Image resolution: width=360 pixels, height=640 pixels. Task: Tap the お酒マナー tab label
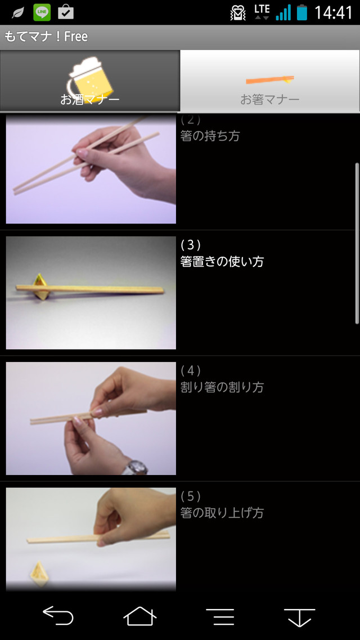[x=89, y=99]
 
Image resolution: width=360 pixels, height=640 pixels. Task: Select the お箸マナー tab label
[x=269, y=99]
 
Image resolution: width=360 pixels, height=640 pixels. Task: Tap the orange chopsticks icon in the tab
[x=269, y=79]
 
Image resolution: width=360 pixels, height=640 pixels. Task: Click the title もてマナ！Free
[x=46, y=37]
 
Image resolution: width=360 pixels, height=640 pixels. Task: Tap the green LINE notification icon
[x=42, y=12]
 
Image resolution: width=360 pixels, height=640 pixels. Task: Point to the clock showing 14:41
[x=333, y=12]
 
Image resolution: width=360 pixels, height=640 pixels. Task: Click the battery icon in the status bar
[x=302, y=12]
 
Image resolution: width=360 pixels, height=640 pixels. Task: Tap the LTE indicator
[x=262, y=12]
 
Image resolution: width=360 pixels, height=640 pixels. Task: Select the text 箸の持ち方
[x=210, y=136]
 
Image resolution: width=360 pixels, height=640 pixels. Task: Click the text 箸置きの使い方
[x=222, y=261]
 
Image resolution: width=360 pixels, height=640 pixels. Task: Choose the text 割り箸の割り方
[x=222, y=387]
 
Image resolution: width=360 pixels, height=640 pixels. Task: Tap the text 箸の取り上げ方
[x=222, y=513]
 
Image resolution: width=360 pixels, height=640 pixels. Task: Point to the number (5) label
[x=190, y=496]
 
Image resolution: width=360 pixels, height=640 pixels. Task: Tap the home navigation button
[x=140, y=615]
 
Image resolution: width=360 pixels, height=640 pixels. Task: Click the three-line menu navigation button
[x=220, y=616]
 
